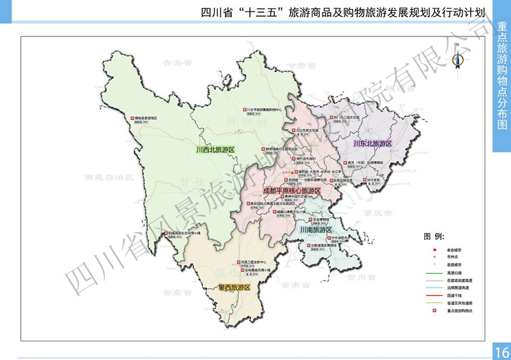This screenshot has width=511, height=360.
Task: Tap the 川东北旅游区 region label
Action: pos(372,144)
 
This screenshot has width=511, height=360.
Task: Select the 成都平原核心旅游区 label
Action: pos(291,190)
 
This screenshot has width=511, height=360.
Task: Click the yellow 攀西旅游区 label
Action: pos(234,288)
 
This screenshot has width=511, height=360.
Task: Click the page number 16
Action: pos(501,352)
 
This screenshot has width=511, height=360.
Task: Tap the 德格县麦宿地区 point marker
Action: pos(134,118)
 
